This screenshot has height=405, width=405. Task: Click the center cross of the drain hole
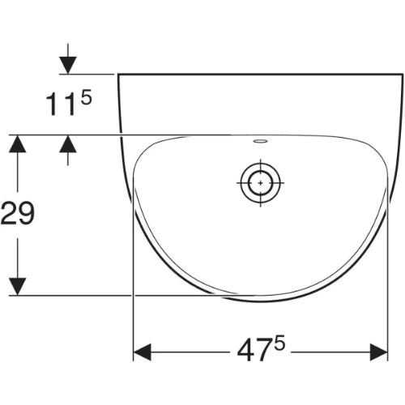pos(261,183)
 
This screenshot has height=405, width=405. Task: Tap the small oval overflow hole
pos(260,141)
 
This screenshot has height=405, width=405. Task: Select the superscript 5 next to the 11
pos(87,97)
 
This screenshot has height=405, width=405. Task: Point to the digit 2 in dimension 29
pos(9,213)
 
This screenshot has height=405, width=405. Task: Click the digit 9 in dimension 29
pos(26,213)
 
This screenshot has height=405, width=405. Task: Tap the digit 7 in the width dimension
pos(263,351)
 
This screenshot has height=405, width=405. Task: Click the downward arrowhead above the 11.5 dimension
pos(68,65)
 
